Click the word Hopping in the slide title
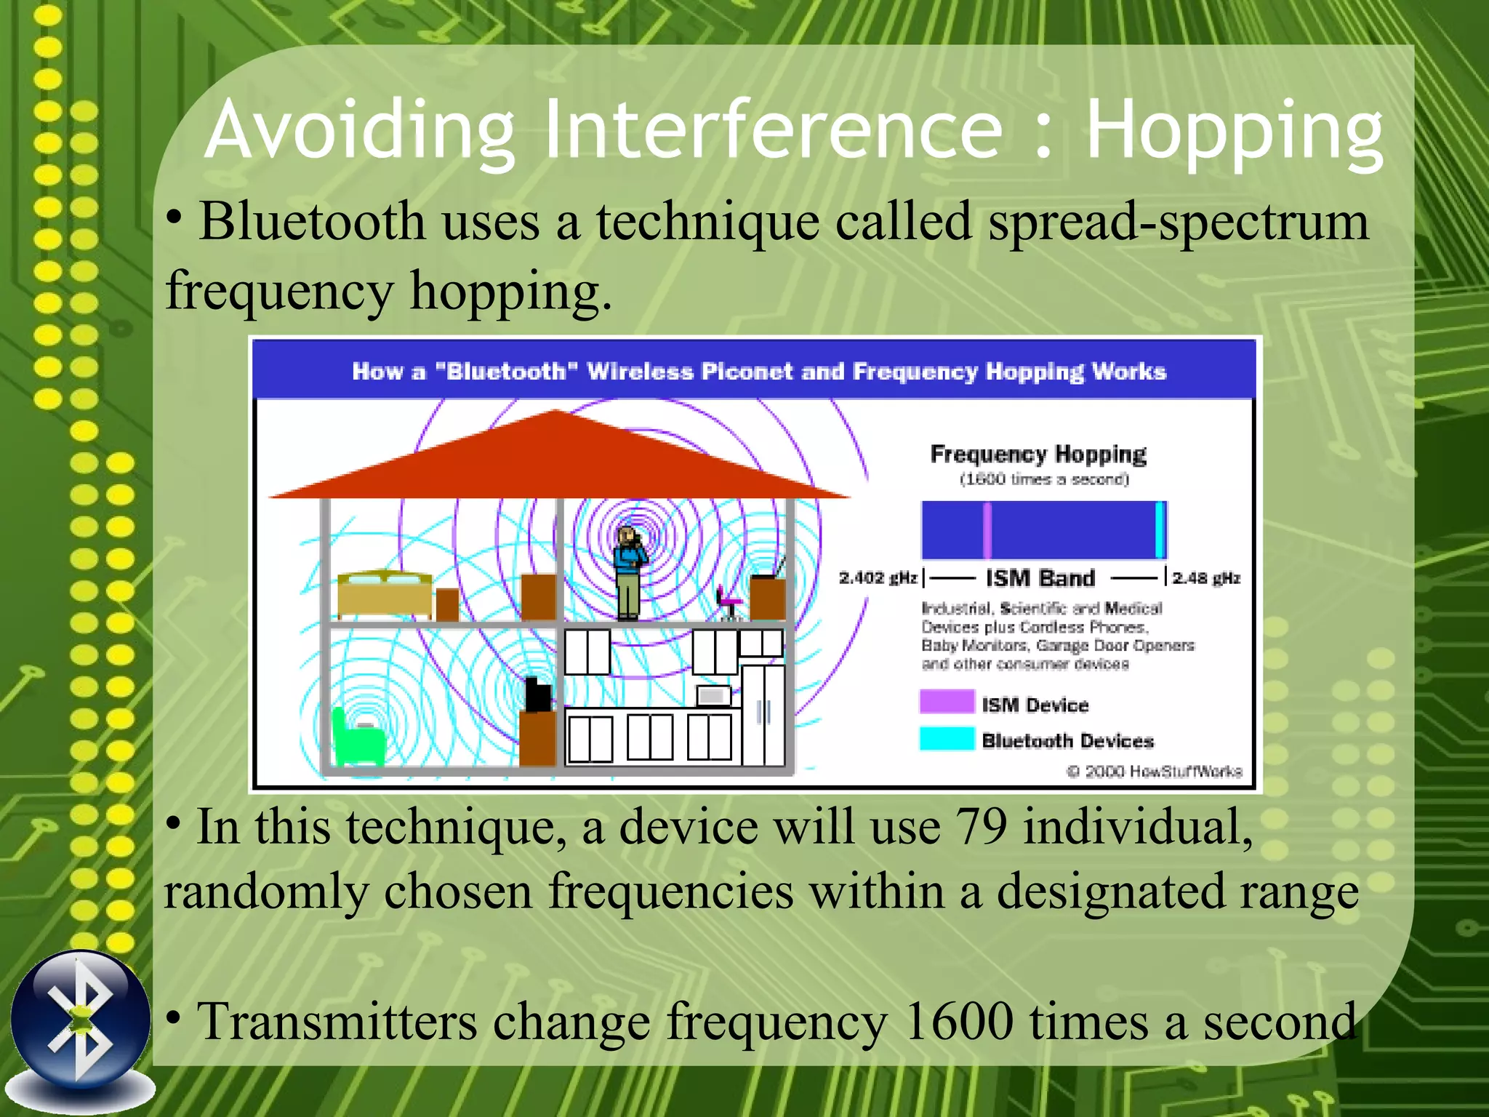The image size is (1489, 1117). [x=1234, y=132]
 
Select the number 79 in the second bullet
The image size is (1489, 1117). [x=981, y=828]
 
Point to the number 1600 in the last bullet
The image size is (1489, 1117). [x=959, y=1022]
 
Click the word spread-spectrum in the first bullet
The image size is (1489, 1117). [x=1178, y=222]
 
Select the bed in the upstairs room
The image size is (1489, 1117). [x=385, y=595]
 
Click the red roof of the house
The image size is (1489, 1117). [x=556, y=458]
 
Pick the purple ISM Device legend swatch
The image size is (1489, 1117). [x=946, y=702]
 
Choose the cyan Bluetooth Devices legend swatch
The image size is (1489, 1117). [x=946, y=739]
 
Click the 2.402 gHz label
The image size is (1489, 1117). [x=878, y=578]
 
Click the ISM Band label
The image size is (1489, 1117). [x=1040, y=578]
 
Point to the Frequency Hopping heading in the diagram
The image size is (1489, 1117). [x=1038, y=454]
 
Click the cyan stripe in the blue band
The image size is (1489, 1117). [x=1160, y=530]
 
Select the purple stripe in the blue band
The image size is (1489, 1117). [x=987, y=530]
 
